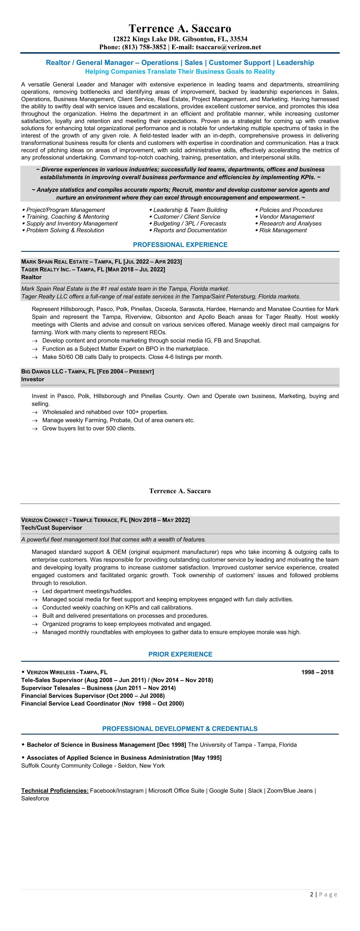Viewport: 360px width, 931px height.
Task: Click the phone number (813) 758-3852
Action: (144, 47)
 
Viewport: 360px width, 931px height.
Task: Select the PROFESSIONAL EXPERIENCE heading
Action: (180, 245)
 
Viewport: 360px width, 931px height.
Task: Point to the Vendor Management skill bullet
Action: (287, 217)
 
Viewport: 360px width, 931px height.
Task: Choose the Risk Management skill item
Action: (283, 230)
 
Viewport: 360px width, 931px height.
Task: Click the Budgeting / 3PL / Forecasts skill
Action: (190, 223)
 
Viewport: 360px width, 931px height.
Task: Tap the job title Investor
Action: (32, 379)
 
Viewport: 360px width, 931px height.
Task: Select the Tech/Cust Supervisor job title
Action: (51, 528)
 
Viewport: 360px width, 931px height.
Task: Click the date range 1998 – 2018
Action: (317, 672)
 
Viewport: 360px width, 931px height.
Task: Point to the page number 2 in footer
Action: (311, 895)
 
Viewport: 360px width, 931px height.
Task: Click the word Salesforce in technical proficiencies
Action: (35, 798)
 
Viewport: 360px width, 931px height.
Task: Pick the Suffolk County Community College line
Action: (93, 766)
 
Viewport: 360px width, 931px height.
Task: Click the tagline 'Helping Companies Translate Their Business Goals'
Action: (180, 71)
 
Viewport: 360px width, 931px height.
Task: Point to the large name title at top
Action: (180, 28)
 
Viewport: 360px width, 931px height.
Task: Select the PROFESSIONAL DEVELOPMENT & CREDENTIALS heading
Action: (180, 729)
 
